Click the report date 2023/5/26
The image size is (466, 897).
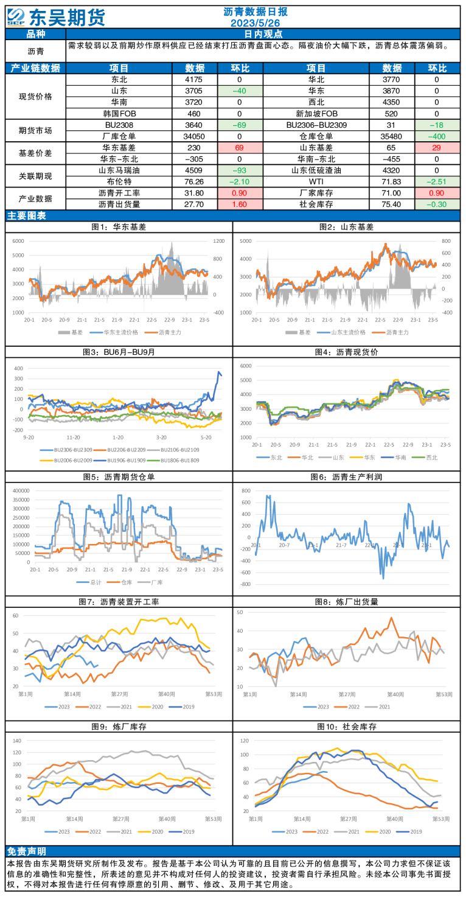pos(255,23)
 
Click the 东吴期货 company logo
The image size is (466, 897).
pos(58,16)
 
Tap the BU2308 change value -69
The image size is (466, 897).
pos(239,125)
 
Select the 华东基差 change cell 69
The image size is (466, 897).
pos(239,147)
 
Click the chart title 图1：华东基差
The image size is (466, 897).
pos(119,227)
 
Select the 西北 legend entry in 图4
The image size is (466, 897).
pos(428,457)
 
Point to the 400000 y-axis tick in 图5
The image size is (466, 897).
pos(20,489)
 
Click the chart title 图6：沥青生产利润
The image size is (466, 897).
pos(348,477)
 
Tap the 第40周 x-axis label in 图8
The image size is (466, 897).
pos(395,694)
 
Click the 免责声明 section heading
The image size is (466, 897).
pos(26,851)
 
